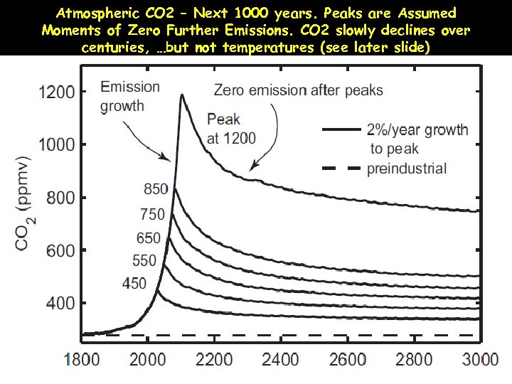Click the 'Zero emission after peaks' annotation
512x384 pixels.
[299, 90]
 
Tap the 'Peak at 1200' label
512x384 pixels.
[231, 129]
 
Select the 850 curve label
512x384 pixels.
[156, 189]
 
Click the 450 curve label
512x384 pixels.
[134, 284]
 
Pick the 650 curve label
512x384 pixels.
[149, 238]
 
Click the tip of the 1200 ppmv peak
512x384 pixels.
[182, 95]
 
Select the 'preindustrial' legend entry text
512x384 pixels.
[407, 169]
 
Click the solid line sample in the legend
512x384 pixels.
[342, 130]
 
